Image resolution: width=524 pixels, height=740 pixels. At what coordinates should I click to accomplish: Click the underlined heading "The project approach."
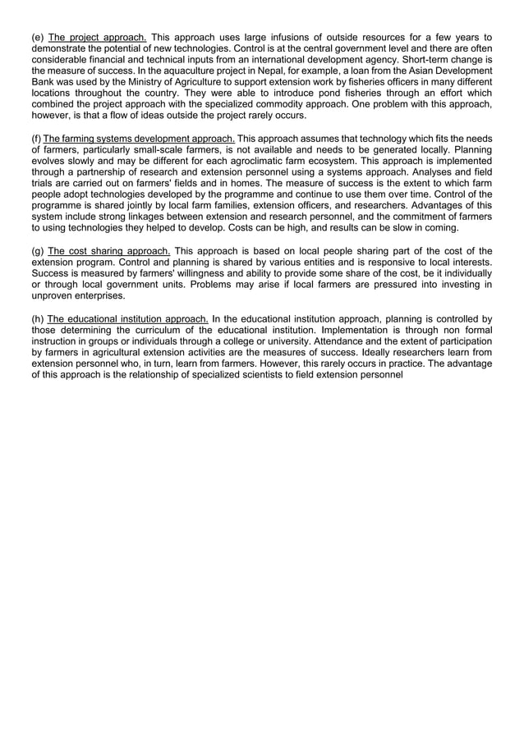98,38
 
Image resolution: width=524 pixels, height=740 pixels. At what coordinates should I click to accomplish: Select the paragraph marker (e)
38,38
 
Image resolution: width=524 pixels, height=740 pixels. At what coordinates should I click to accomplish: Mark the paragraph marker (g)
38,251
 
